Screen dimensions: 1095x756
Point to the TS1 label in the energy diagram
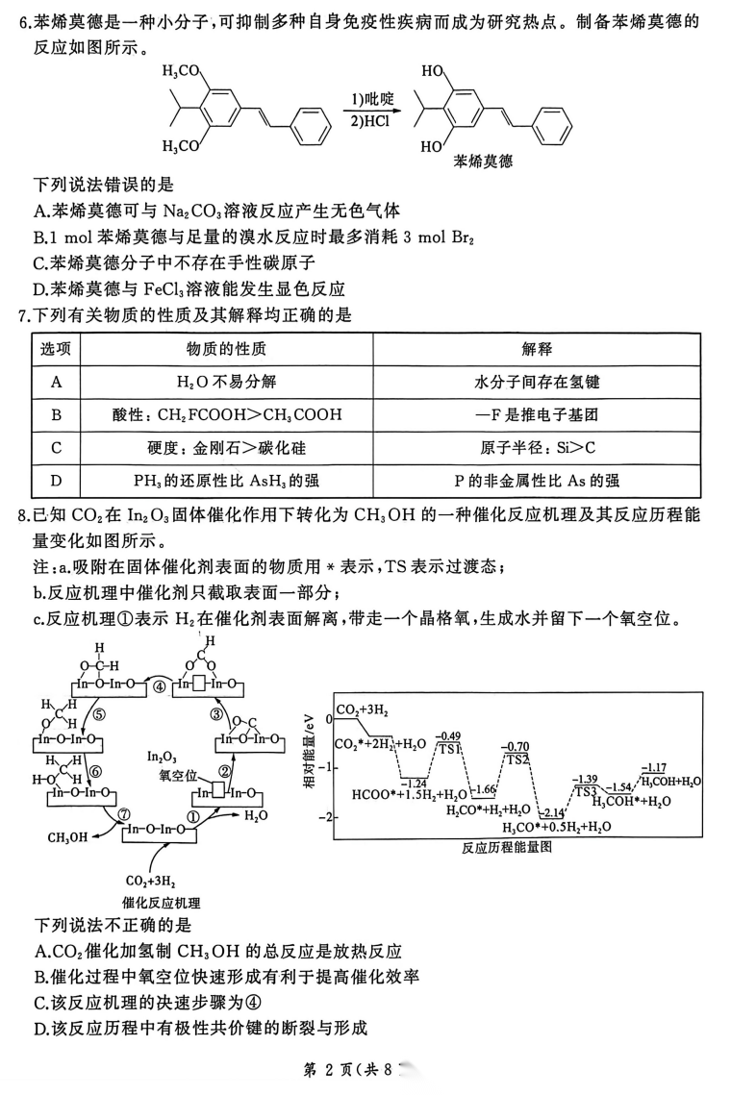pos(448,748)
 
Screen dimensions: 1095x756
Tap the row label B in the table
pos(57,415)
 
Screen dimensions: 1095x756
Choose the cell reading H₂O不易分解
pos(227,382)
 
